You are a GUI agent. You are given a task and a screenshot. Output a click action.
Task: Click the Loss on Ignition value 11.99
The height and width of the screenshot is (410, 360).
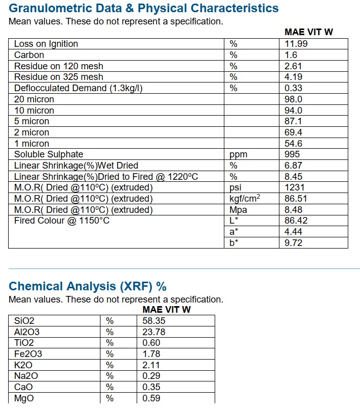(296, 44)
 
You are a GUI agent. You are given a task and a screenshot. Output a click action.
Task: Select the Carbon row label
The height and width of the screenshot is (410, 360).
(29, 55)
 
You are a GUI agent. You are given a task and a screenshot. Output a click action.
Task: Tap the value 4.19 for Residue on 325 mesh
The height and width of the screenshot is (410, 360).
(293, 77)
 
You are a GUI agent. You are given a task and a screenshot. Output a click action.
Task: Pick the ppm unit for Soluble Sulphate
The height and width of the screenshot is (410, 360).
(238, 154)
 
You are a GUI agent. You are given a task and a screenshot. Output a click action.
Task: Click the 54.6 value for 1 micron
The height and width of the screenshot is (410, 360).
(293, 144)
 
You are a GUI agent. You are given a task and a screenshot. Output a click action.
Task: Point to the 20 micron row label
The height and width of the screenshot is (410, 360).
(34, 99)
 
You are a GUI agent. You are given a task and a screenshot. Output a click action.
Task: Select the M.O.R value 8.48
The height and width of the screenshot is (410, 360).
(293, 210)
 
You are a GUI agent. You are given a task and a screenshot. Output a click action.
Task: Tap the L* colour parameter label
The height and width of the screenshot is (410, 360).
(234, 221)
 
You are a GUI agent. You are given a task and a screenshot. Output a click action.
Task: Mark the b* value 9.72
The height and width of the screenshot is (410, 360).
(293, 243)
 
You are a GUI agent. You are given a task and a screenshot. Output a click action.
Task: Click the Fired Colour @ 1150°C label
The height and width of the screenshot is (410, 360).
(62, 221)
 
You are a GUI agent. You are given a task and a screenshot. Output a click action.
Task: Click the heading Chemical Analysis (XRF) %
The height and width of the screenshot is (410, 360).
(88, 286)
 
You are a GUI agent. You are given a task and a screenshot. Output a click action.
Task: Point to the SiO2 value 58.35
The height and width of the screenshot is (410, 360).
(154, 321)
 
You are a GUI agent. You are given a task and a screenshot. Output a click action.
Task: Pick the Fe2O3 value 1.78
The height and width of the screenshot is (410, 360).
(151, 354)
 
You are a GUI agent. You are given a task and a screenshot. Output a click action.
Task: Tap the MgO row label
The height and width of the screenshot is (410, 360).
(24, 398)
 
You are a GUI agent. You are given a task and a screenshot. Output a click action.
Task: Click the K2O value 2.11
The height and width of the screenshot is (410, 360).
(151, 365)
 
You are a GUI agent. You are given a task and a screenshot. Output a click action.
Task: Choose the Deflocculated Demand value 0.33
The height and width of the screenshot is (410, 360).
(293, 88)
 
